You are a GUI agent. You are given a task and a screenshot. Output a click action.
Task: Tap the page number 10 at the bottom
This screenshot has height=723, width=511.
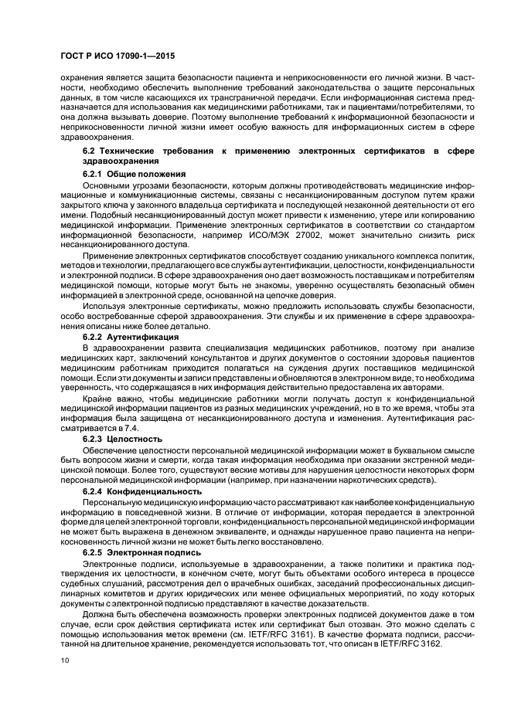click(x=64, y=661)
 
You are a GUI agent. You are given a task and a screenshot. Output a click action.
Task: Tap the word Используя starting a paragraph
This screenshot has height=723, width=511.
click(x=106, y=307)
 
